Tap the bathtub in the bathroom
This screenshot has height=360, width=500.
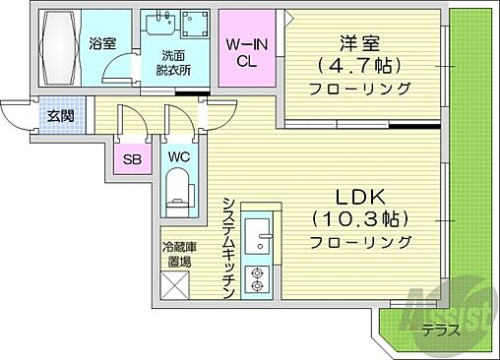click(62, 45)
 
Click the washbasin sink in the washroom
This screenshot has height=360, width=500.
click(157, 25)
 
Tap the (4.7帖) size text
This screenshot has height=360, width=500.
click(360, 65)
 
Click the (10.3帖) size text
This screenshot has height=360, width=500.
click(359, 217)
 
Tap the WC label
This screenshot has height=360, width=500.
click(178, 157)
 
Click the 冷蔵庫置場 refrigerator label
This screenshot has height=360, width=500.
click(177, 254)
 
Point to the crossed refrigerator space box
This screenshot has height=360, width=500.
click(177, 288)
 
